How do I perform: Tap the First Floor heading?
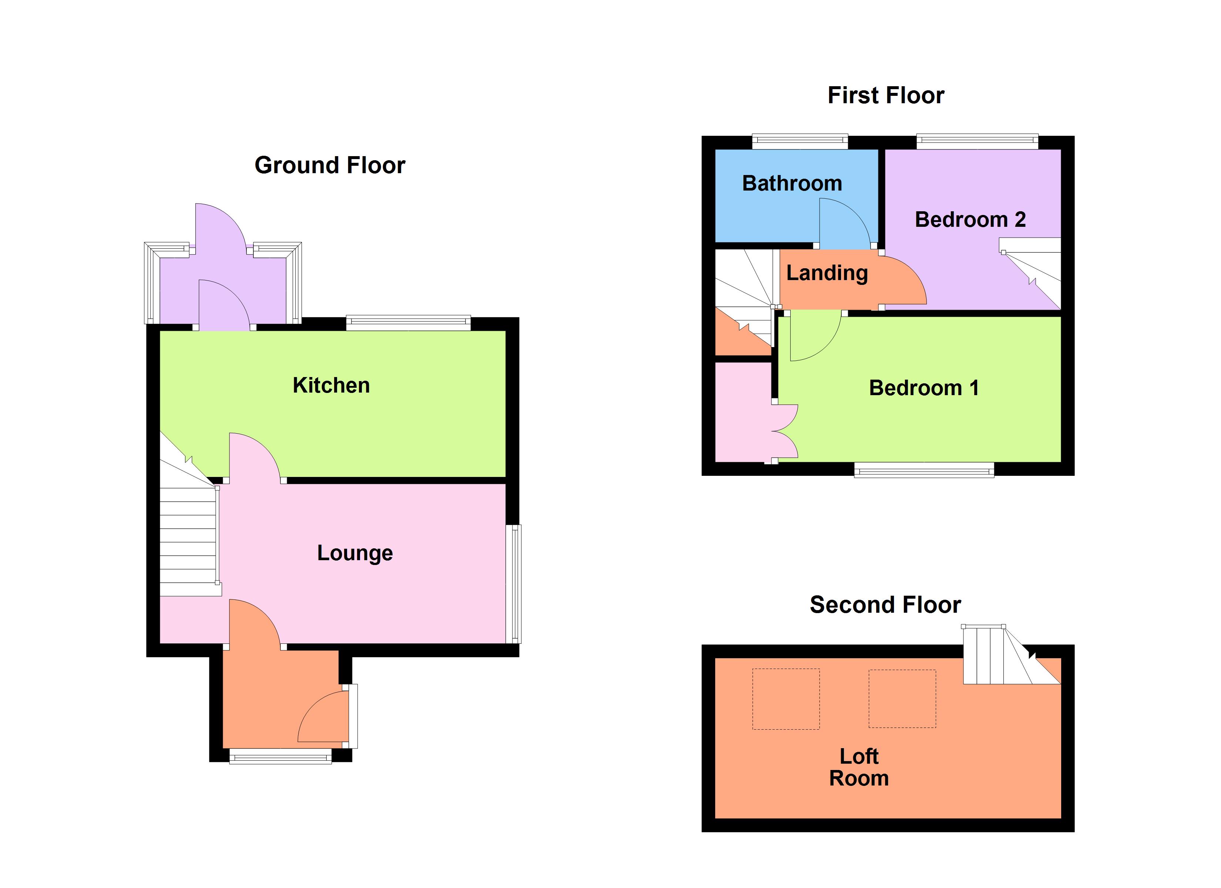pos(886,95)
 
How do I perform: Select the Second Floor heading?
pos(885,605)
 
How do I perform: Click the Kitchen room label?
pos(331,386)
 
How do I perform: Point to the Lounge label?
pos(355,553)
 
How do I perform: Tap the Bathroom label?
pos(792,184)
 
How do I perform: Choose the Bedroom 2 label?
pos(970,220)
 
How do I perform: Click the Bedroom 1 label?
pos(924,388)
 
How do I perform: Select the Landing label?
pos(827,273)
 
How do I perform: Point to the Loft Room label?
pos(859,767)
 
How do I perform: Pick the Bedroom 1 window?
pos(924,470)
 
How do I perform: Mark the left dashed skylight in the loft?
pos(786,699)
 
